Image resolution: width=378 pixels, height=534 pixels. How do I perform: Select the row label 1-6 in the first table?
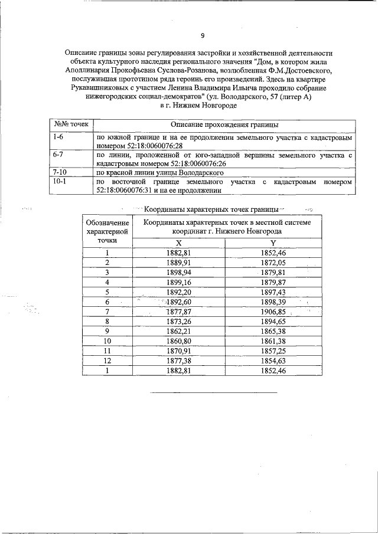tap(57, 137)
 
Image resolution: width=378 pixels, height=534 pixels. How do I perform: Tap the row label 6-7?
tap(57, 155)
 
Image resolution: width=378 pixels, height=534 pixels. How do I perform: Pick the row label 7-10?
tap(59, 172)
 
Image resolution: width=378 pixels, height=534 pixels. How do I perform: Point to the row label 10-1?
tap(59, 182)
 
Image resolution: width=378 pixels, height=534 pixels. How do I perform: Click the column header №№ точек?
tap(71, 125)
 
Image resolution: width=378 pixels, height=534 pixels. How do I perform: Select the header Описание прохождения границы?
tap(225, 125)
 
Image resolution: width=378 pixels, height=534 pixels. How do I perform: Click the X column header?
tap(179, 243)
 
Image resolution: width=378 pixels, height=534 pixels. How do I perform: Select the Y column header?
tap(273, 243)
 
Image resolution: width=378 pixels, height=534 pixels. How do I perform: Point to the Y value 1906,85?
tap(273, 312)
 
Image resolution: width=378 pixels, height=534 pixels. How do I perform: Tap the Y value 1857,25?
tap(273, 350)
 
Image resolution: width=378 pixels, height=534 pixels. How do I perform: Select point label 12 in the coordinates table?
tap(107, 361)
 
